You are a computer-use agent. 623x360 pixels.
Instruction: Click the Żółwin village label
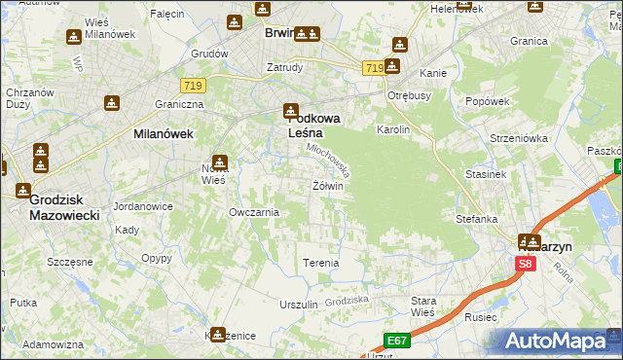328,185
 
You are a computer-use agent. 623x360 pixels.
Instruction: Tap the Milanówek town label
164,134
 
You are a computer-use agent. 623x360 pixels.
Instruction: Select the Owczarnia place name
254,211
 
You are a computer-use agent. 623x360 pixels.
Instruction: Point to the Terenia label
321,263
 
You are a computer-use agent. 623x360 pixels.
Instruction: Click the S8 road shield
526,264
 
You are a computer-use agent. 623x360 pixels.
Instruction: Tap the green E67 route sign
395,341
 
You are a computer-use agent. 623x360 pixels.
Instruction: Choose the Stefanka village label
477,219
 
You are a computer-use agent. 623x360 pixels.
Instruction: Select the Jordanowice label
143,206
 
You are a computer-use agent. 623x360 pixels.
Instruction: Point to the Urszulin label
299,305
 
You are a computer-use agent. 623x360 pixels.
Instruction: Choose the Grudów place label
209,54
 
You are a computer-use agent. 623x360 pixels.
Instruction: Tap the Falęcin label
167,14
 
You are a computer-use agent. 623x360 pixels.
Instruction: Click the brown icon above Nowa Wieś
221,162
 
